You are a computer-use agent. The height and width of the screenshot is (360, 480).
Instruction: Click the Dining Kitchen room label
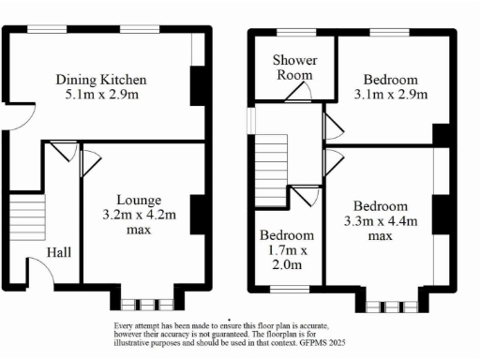[100, 79]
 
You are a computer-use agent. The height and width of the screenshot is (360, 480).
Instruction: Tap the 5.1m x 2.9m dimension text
[100, 95]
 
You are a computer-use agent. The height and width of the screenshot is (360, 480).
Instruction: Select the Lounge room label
[139, 200]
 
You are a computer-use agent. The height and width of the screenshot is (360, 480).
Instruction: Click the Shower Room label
[293, 67]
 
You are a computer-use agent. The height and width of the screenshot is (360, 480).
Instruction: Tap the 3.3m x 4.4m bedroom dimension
[380, 221]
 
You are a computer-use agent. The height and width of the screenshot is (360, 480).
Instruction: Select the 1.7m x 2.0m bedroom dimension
[286, 250]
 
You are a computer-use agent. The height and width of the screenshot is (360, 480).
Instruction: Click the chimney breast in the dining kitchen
[198, 86]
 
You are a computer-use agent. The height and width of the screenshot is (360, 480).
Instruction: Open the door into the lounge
[90, 161]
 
